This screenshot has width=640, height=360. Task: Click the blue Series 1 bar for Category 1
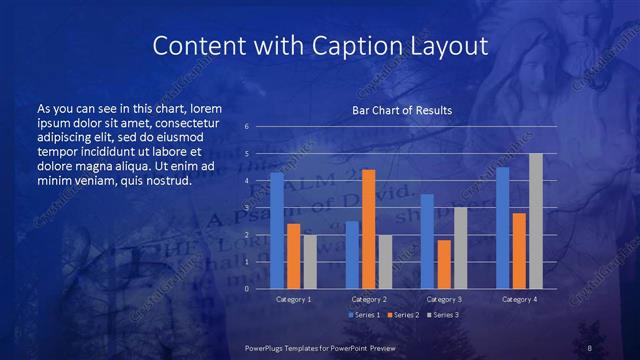[277, 230]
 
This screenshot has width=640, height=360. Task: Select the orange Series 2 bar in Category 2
[368, 229]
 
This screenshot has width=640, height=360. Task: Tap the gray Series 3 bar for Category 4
[536, 221]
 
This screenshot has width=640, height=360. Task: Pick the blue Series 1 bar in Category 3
[427, 241]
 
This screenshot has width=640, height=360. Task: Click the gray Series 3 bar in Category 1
[310, 262]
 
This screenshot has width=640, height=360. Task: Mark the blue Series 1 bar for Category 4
[503, 227]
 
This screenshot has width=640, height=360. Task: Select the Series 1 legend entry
[365, 315]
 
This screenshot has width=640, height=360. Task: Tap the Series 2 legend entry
[403, 315]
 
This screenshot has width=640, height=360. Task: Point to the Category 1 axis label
[293, 299]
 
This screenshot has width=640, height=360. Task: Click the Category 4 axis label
[519, 299]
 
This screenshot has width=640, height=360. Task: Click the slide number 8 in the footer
[590, 347]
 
